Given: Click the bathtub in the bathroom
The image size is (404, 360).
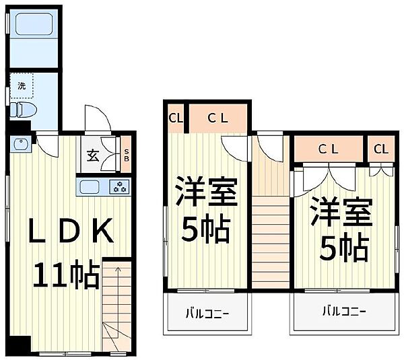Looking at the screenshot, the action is (x=34, y=24).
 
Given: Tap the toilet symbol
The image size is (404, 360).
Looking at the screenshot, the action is (x=23, y=111).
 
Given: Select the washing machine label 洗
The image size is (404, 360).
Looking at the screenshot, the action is (x=22, y=85).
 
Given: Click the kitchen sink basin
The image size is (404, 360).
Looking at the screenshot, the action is (x=90, y=186).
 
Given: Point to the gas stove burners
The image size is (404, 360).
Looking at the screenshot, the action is (x=119, y=186).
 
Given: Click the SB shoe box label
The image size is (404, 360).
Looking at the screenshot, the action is (x=127, y=155).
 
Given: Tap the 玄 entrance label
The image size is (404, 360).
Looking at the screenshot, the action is (x=93, y=155).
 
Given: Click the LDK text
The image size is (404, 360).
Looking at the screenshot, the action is (x=71, y=231).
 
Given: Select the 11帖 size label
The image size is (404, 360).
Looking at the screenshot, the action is (x=66, y=275).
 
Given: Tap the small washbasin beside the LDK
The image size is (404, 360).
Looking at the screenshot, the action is (x=20, y=144).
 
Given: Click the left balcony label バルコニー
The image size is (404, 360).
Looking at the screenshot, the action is (x=207, y=314).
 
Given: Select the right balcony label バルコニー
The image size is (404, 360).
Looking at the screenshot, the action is (x=344, y=312).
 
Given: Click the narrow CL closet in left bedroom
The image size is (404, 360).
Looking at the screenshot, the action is (x=176, y=118).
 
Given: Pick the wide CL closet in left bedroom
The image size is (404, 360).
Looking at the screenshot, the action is (x=218, y=118).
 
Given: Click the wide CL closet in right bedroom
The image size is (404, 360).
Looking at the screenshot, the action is (x=329, y=149).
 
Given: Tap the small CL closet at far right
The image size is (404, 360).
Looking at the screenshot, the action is (x=381, y=149).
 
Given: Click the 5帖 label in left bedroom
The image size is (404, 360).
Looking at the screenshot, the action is (x=205, y=229).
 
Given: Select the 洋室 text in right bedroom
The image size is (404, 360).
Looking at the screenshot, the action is (x=341, y=211).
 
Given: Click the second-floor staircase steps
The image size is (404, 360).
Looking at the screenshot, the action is (x=271, y=242).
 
